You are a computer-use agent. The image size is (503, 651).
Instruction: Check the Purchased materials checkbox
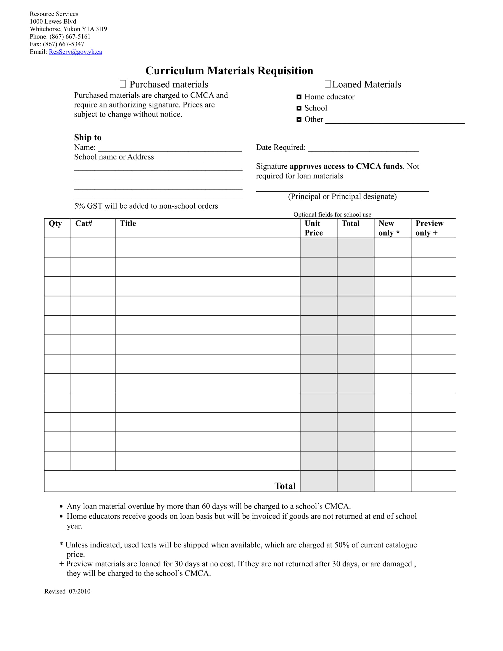click(x=122, y=84)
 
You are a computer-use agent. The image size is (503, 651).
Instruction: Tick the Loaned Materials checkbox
click(x=328, y=84)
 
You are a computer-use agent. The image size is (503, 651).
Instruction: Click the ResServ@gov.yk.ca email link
click(x=75, y=52)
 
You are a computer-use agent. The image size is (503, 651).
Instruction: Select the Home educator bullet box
click(x=299, y=97)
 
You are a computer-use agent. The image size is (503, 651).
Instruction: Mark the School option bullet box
click(x=299, y=108)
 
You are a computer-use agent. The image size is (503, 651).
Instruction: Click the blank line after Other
click(x=394, y=121)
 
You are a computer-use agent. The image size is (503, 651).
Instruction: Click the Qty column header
click(x=55, y=223)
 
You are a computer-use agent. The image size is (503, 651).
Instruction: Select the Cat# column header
click(x=84, y=223)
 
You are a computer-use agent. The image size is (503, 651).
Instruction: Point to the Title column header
click(x=128, y=223)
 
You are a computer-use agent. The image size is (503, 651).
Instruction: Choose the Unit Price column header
click(x=313, y=228)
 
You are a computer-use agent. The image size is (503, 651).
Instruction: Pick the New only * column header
click(x=388, y=228)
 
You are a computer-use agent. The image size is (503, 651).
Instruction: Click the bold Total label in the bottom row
click(x=285, y=486)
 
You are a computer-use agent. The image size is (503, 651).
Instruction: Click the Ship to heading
click(x=88, y=137)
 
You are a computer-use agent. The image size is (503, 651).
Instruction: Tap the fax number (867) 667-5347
click(x=64, y=44)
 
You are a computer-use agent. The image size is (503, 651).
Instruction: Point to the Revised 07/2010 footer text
click(x=67, y=592)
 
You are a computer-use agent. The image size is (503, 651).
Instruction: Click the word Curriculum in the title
click(x=175, y=71)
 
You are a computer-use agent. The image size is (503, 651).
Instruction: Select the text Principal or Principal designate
click(x=342, y=196)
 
